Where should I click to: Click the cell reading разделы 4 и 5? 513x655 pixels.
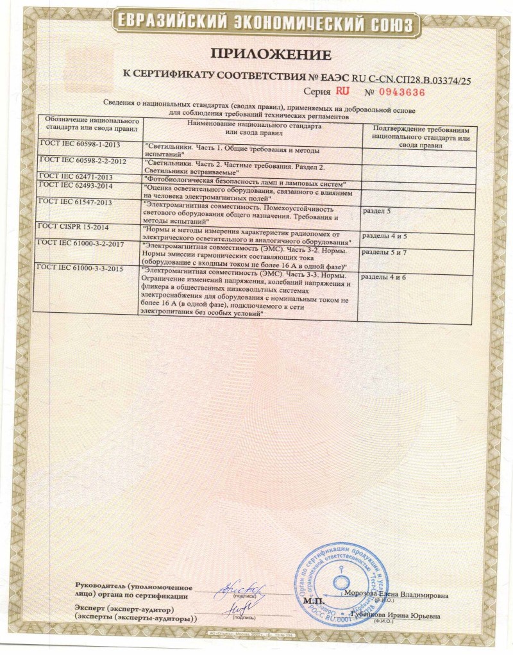(x=385, y=236)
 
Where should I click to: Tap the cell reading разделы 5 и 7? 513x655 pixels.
(x=385, y=253)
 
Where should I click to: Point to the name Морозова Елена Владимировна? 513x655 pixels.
(x=396, y=594)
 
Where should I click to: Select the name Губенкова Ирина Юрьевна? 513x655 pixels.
(x=395, y=616)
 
